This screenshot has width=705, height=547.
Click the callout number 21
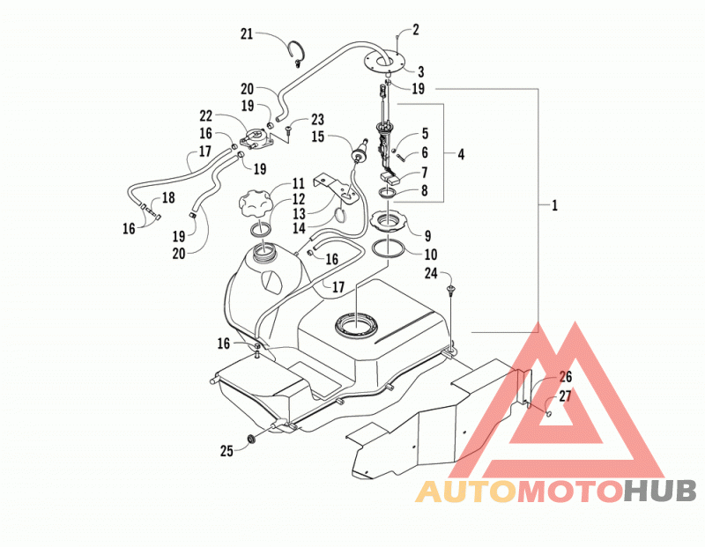(x=247, y=33)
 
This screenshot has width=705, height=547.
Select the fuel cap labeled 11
(x=255, y=205)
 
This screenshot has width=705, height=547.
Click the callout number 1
(x=554, y=206)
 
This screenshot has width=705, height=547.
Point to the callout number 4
(x=461, y=155)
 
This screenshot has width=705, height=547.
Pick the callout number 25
(x=226, y=451)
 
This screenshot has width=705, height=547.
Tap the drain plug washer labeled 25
(x=252, y=439)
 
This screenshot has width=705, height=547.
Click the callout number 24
(x=431, y=273)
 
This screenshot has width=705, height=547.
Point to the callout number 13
(x=299, y=213)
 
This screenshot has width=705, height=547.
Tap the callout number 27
(x=565, y=396)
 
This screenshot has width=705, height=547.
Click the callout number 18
(x=168, y=198)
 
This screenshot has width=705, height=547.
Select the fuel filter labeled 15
(x=360, y=153)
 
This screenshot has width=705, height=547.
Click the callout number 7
(x=424, y=172)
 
